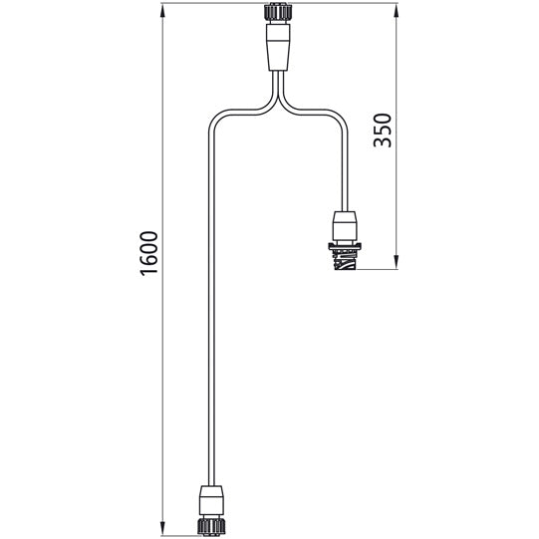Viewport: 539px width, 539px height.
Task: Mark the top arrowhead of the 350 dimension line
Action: point(397,10)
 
